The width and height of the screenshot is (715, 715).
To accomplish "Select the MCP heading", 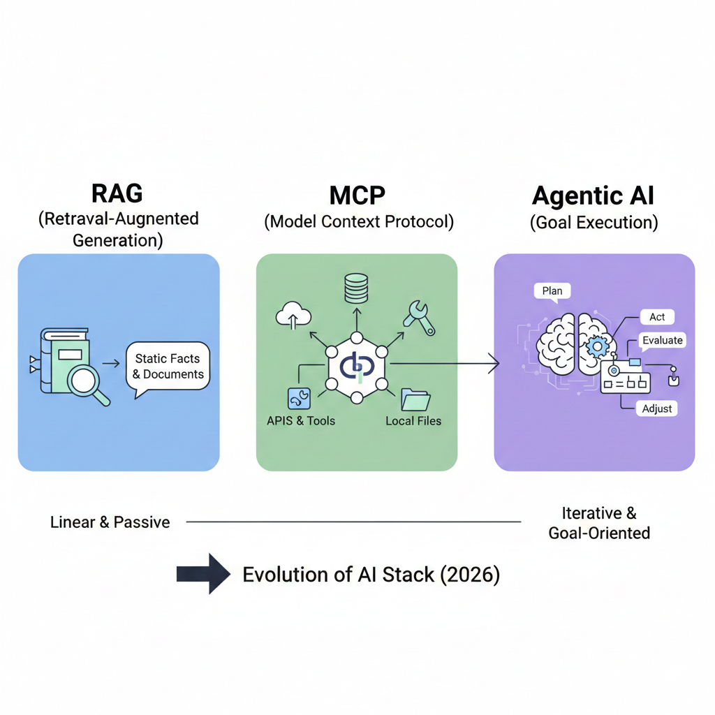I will pos(357,194).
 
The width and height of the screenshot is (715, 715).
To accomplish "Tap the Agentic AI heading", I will pos(594,195).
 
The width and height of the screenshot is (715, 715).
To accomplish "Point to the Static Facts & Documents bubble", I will pos(168,366).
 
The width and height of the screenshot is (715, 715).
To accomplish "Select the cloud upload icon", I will pos(293,314).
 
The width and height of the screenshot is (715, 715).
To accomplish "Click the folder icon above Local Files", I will pos(416,399).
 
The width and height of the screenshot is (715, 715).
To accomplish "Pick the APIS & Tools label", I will pos(301,421).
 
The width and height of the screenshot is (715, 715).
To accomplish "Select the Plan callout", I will pos(552,290).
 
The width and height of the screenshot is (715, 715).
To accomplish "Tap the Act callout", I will pos(657,317).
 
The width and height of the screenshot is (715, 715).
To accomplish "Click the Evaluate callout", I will pos(663,340).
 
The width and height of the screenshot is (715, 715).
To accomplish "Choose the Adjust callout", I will pos(658,408).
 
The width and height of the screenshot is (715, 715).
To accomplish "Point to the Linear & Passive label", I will pos(110,522).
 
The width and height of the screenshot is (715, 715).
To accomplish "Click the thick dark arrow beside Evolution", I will pos(203,575).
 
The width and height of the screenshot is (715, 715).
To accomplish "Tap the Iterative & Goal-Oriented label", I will pos(598,524).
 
